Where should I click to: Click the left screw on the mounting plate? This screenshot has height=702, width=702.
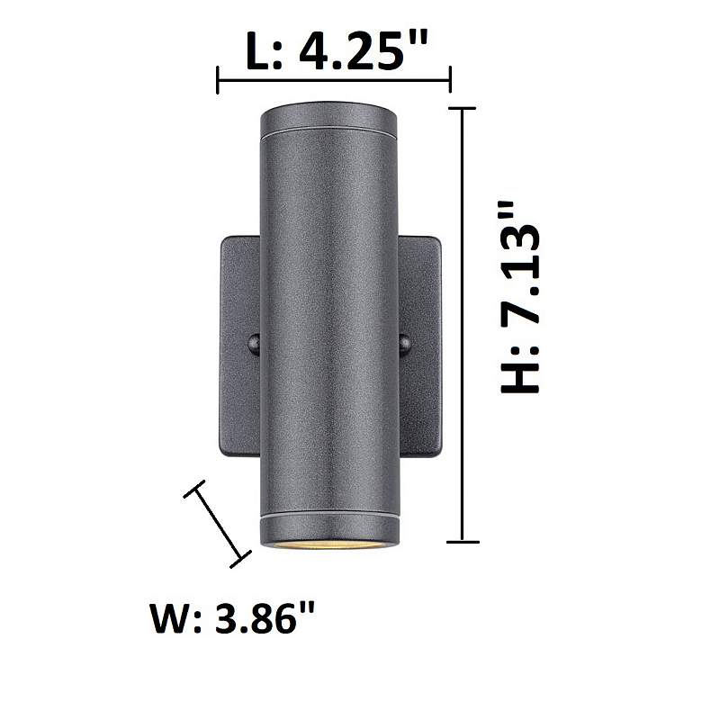[x=254, y=344]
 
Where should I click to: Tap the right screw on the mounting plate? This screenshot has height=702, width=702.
[x=404, y=344]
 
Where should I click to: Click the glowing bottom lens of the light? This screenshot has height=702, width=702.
[x=329, y=544]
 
